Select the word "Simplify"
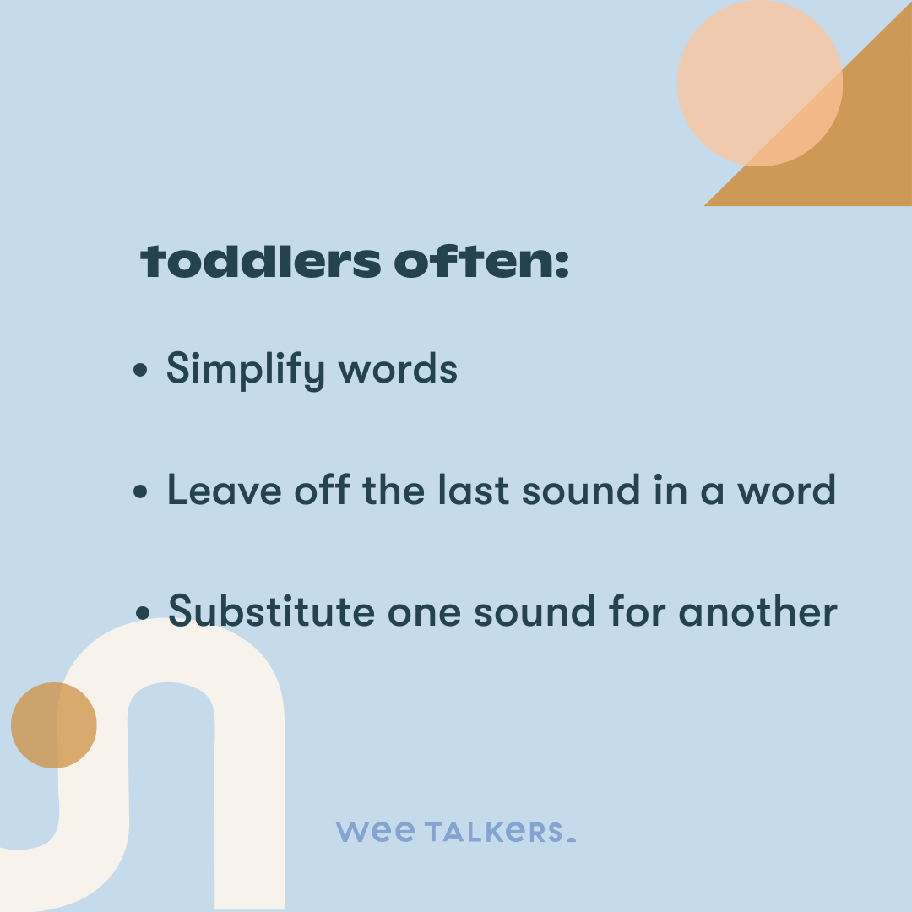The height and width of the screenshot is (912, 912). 245,370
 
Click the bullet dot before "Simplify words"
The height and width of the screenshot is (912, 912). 141,372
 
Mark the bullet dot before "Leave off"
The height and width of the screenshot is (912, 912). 141,492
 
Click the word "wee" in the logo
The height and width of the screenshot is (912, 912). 375,832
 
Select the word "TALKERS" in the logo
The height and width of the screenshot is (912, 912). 494,832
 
